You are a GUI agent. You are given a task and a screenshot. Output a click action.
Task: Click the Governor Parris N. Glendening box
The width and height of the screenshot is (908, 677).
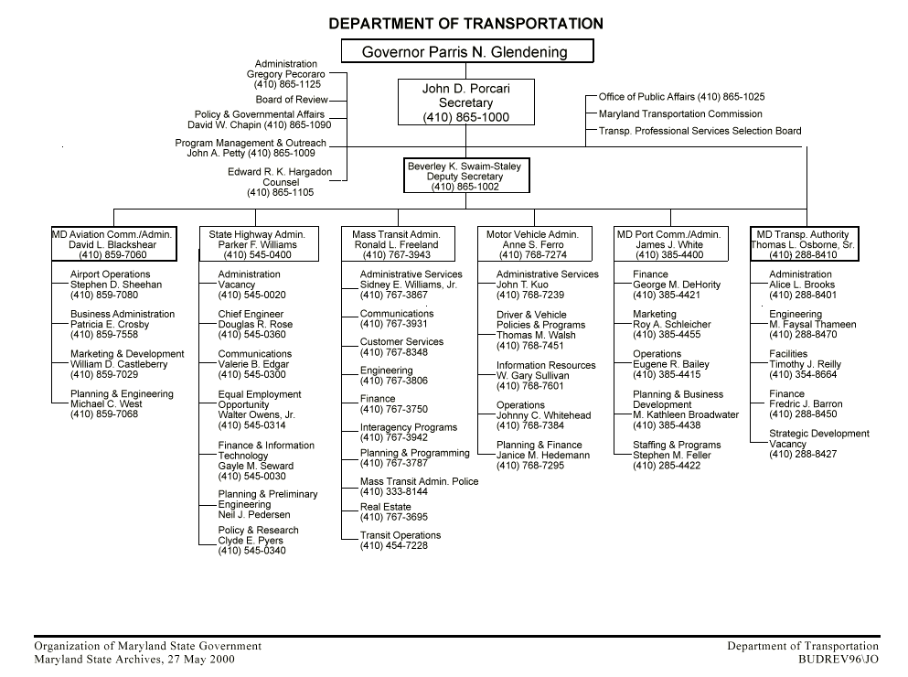click(466, 51)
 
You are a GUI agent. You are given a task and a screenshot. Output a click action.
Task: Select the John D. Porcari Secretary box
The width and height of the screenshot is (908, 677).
click(465, 102)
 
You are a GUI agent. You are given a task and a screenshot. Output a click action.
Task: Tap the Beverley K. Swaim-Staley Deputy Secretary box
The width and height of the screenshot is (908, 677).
click(465, 177)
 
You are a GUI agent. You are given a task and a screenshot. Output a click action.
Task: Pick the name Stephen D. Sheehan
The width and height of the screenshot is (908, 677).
click(115, 285)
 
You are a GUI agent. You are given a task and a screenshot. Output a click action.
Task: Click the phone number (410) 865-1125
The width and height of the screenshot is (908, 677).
click(287, 84)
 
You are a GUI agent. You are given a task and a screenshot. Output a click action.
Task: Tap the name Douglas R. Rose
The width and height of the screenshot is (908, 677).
click(255, 325)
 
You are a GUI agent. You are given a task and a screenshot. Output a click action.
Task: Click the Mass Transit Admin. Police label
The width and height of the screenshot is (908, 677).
click(419, 481)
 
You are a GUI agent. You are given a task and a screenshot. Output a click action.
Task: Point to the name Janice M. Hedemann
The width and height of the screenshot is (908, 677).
click(543, 456)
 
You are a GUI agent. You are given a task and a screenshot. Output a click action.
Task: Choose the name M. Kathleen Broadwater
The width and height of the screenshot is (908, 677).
click(685, 414)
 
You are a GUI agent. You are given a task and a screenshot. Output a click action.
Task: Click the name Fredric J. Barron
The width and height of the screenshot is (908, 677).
click(806, 404)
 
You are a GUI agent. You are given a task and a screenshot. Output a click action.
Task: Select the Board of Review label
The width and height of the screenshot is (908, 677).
click(291, 100)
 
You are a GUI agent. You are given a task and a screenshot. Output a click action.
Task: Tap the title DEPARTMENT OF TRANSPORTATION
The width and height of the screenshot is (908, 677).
click(465, 24)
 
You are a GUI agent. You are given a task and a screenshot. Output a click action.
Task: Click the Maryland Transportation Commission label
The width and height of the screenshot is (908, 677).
click(680, 114)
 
